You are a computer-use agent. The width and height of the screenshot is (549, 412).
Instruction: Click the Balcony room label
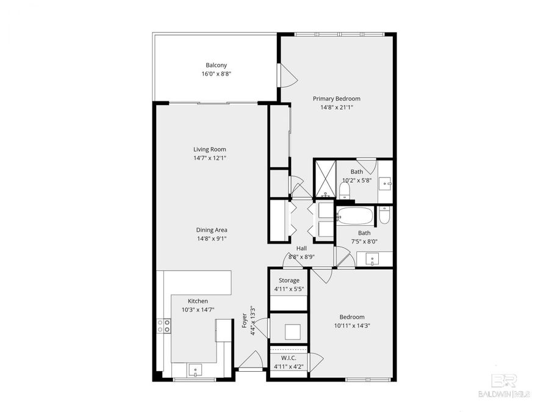point(216,65)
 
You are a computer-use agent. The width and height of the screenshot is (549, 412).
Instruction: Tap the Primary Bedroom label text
point(337,98)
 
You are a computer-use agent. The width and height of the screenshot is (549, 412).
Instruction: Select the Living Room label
point(210,150)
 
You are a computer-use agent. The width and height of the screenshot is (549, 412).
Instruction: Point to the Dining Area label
point(212,230)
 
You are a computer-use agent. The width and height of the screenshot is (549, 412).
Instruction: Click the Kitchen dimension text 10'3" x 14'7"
point(198,310)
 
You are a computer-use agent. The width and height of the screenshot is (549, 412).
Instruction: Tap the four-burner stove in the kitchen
point(163,326)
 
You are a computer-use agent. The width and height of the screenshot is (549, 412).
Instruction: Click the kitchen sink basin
point(195,369)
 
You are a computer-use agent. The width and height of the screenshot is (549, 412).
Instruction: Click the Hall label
point(301,248)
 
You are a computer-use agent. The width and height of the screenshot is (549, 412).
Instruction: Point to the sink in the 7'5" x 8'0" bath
point(373,259)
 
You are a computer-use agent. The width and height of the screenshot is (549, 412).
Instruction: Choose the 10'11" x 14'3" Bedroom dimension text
point(352,325)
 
